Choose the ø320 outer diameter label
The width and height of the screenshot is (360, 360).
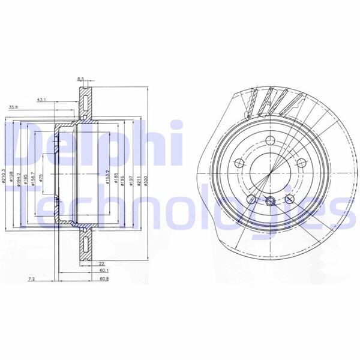click(x=146, y=178)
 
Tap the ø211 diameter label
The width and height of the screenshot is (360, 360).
click(x=138, y=178)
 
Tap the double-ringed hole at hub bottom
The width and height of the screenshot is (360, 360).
click(x=270, y=202)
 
